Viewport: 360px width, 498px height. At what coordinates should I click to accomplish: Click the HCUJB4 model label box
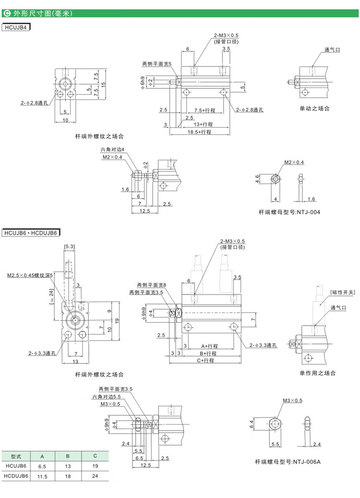[x=16, y=27]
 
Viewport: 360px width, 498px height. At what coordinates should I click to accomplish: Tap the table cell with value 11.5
[x=42, y=476]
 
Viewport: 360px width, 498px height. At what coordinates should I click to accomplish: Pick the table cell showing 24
[x=95, y=476]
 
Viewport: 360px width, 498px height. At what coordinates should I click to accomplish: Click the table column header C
[x=95, y=456]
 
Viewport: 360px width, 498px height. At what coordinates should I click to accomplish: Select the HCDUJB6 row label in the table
[x=16, y=476]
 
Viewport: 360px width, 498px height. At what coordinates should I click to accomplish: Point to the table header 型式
[x=16, y=456]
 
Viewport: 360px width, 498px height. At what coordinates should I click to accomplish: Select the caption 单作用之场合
[x=317, y=373]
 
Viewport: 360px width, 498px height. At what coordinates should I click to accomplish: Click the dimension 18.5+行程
[x=200, y=131]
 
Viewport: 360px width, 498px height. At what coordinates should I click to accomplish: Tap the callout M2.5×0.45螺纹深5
[x=30, y=276]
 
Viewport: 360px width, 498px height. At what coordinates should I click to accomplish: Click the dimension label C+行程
[x=207, y=360]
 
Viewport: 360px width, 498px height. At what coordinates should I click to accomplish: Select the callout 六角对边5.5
[x=106, y=397]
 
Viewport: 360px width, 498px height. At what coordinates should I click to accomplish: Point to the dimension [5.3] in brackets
[x=70, y=247]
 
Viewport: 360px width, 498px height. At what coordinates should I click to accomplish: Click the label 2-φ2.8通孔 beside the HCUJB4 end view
[x=36, y=103]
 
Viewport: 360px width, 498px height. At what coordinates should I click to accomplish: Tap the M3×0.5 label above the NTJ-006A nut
[x=292, y=400]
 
